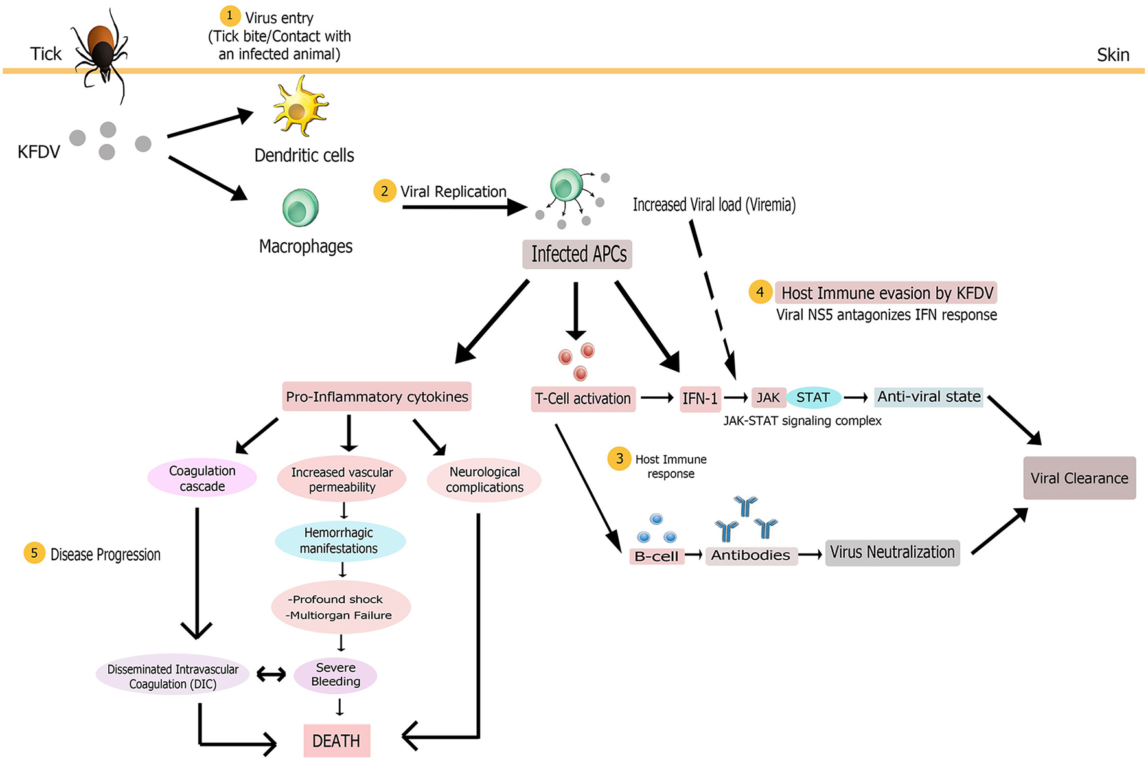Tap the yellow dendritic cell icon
coord(299,107)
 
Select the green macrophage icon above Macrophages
coord(301,208)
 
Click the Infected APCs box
coord(577,254)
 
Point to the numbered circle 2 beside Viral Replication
coord(384,191)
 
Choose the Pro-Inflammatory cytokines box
coord(376,396)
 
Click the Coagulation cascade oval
coord(202,479)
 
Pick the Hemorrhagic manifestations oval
coord(339,541)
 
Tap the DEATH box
coord(336,741)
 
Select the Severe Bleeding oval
coord(336,675)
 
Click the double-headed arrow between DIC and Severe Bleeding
coord(271,675)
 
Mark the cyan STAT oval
coord(813,398)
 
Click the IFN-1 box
coord(700,398)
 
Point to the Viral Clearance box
coord(1079,478)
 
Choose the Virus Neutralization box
coord(892,552)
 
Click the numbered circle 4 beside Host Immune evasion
coord(760,292)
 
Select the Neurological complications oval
coord(484,480)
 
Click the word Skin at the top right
coord(1112,55)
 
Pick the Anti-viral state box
coord(928,397)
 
